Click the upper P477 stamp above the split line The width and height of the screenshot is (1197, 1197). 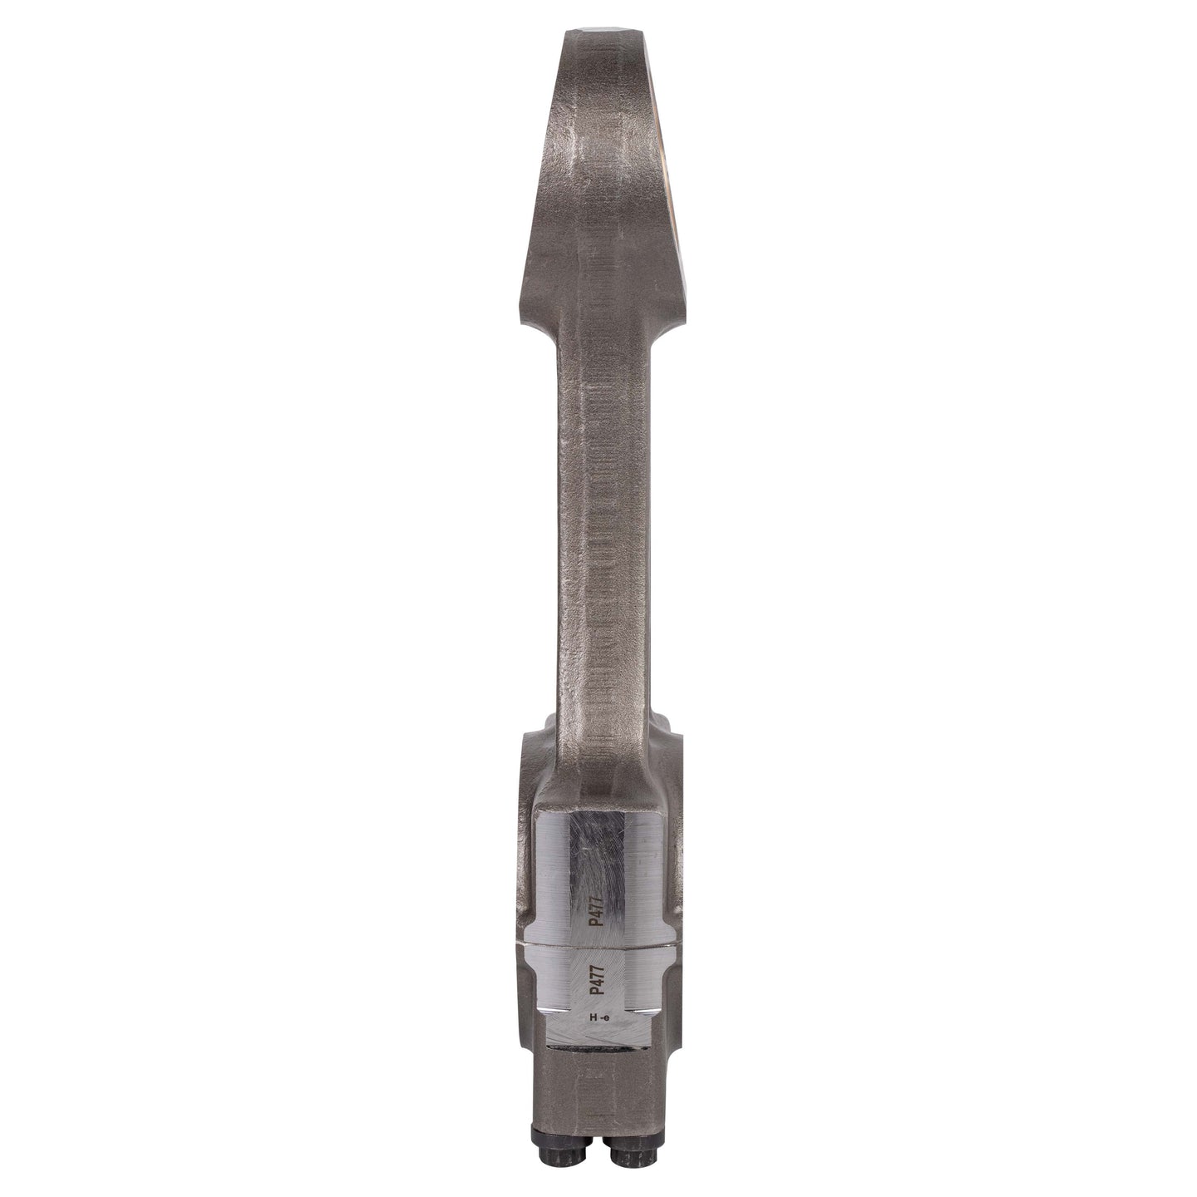[x=597, y=927]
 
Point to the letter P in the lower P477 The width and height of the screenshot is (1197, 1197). [x=596, y=995]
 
